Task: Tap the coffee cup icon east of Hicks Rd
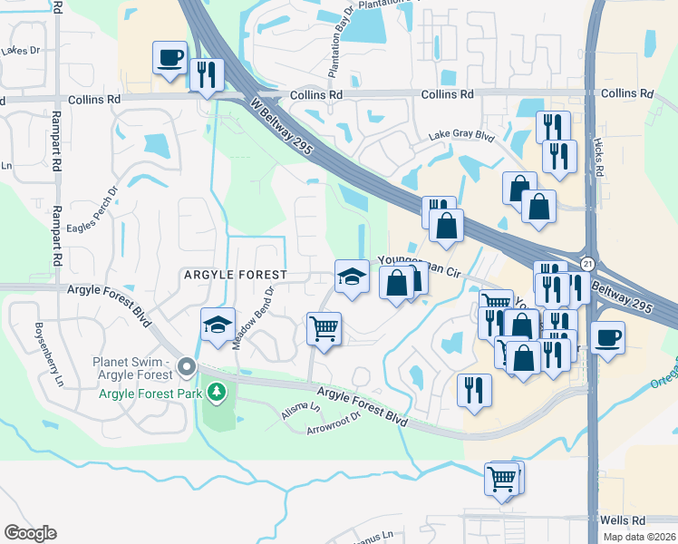(x=607, y=339)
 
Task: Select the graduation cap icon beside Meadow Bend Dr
(x=218, y=325)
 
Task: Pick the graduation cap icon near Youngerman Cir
(x=351, y=277)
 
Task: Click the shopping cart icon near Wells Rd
(x=502, y=478)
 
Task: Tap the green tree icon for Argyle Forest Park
(x=216, y=392)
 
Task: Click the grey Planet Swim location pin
(x=187, y=367)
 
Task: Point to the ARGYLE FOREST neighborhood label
(x=236, y=274)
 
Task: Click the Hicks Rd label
(x=599, y=159)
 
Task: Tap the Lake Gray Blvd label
(x=461, y=137)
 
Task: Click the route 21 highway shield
(x=588, y=262)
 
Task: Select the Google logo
(x=30, y=533)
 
